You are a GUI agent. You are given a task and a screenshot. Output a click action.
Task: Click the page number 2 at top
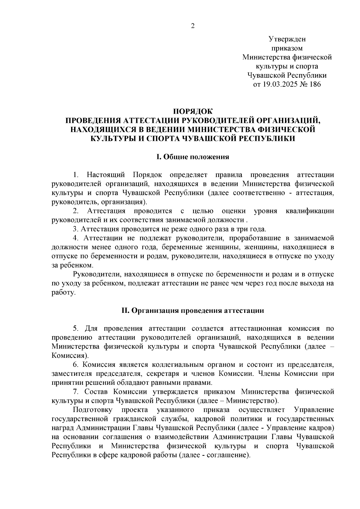pyautogui.click(x=193, y=26)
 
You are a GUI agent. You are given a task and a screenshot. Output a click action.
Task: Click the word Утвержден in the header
pyautogui.click(x=287, y=39)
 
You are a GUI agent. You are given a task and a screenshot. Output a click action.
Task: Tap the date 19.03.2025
pyautogui.click(x=280, y=84)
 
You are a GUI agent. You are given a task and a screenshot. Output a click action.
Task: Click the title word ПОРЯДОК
pyautogui.click(x=193, y=112)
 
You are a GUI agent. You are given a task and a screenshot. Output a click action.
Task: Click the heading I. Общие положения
pyautogui.click(x=193, y=157)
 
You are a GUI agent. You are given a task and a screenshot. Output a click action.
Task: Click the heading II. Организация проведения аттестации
pyautogui.click(x=193, y=310)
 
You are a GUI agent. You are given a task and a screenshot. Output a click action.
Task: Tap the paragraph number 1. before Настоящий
pyautogui.click(x=76, y=175)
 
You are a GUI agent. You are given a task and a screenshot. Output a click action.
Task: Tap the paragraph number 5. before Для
pyautogui.click(x=76, y=328)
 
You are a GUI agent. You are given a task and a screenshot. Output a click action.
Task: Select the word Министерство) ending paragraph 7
pyautogui.click(x=252, y=401)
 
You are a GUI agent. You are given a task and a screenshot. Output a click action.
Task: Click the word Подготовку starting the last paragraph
pyautogui.click(x=93, y=410)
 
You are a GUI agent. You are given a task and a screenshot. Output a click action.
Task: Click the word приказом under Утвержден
pyautogui.click(x=287, y=48)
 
